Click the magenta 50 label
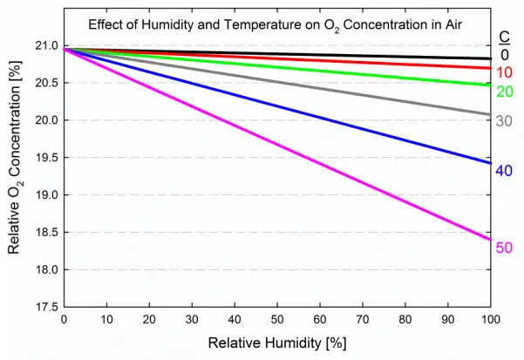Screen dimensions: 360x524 504,248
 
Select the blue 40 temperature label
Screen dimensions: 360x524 504,171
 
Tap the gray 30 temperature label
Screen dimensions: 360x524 504,121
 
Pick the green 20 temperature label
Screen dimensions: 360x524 504,92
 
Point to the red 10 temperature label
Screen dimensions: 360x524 504,72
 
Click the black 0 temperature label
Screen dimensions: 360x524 504,55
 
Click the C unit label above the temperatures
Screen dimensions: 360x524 504,37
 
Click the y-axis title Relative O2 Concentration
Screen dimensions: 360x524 15,175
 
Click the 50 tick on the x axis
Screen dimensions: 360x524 276,319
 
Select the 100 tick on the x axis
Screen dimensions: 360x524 490,319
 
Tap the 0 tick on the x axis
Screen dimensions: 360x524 64,319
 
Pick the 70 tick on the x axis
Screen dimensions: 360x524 362,319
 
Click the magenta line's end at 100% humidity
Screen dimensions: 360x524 489,240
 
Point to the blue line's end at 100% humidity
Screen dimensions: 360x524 489,162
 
